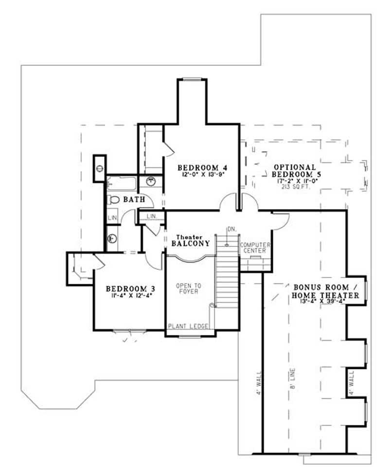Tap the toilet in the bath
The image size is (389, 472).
point(114,199)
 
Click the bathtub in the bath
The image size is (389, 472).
point(122,184)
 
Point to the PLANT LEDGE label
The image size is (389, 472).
point(189,326)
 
